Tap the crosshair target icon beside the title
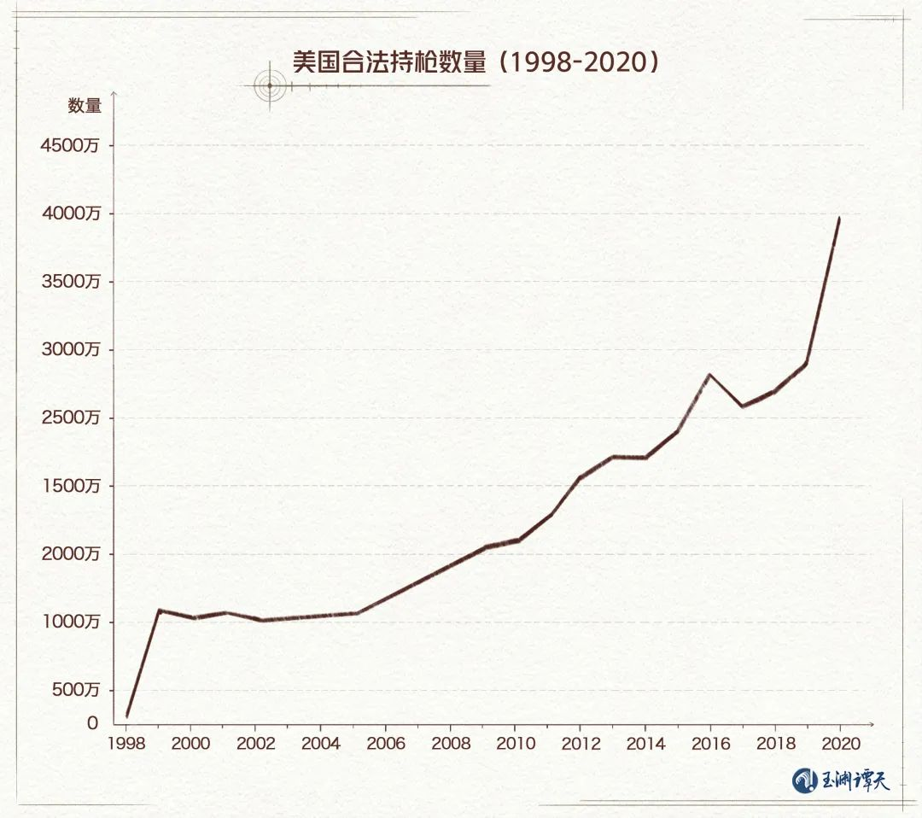[270, 85]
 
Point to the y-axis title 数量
[85, 106]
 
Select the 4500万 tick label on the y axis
[71, 145]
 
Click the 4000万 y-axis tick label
[71, 213]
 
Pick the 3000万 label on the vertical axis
[71, 350]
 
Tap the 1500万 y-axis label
[71, 486]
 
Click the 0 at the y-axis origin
[92, 723]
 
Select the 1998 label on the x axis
[126, 743]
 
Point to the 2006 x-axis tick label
[386, 743]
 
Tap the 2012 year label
[581, 743]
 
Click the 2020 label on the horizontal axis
[840, 743]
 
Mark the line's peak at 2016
[709, 374]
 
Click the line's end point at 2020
[839, 219]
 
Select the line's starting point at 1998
[127, 716]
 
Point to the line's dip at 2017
[743, 406]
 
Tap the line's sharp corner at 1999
[160, 611]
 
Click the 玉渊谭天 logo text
[855, 780]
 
